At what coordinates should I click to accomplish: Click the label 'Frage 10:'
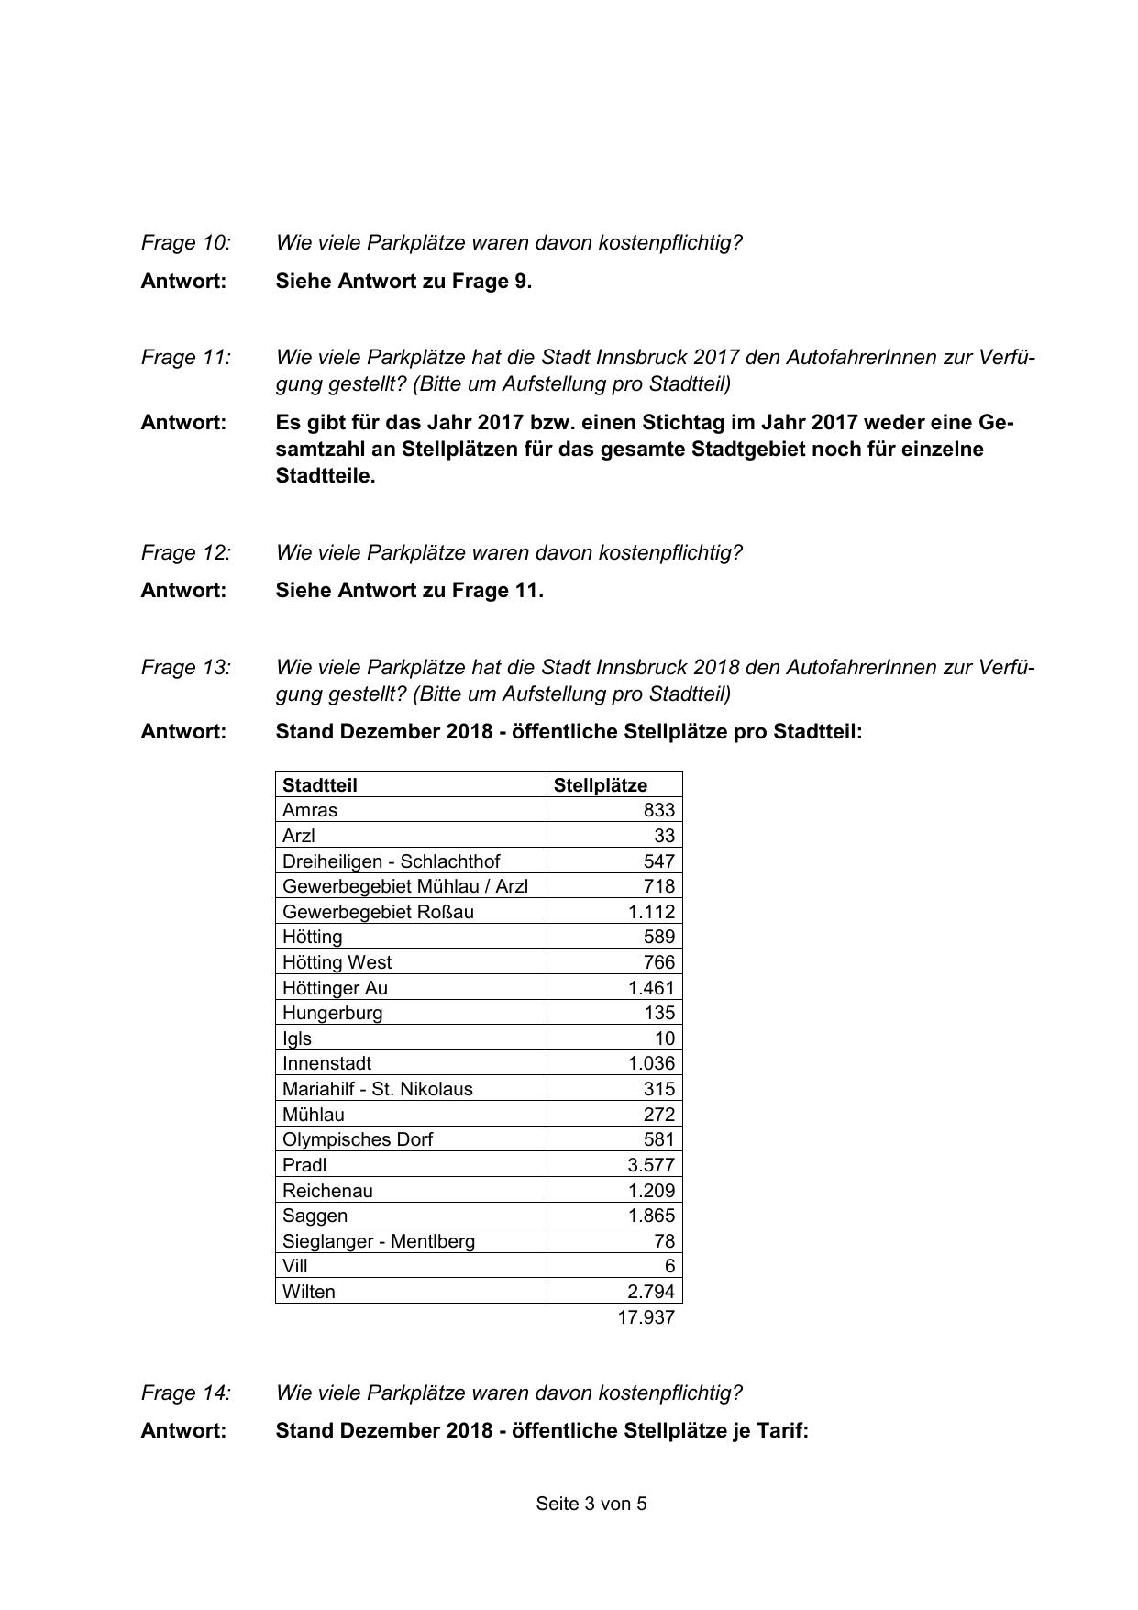[186, 243]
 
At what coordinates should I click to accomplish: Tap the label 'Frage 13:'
[186, 667]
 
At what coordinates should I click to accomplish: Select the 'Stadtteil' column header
[320, 785]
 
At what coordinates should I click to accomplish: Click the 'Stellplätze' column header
[601, 785]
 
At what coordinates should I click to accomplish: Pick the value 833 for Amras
[658, 810]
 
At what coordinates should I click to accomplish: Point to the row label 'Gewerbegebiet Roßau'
[379, 912]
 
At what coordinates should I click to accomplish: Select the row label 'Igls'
[297, 1038]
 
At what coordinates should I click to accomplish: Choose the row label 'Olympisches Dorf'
[358, 1139]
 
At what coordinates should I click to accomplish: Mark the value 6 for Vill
[669, 1266]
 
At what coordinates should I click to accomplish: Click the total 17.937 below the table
[646, 1317]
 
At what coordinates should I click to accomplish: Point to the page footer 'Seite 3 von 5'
[591, 1504]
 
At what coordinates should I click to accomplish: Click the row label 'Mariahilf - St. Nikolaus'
[378, 1089]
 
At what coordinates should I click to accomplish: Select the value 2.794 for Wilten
[651, 1292]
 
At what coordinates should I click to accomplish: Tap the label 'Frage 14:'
[186, 1393]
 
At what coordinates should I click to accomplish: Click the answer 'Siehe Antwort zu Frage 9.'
[403, 282]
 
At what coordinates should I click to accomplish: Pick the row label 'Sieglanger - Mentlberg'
[379, 1241]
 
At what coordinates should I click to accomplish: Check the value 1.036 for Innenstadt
[651, 1063]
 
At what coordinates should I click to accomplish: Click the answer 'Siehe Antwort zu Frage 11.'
[410, 591]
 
